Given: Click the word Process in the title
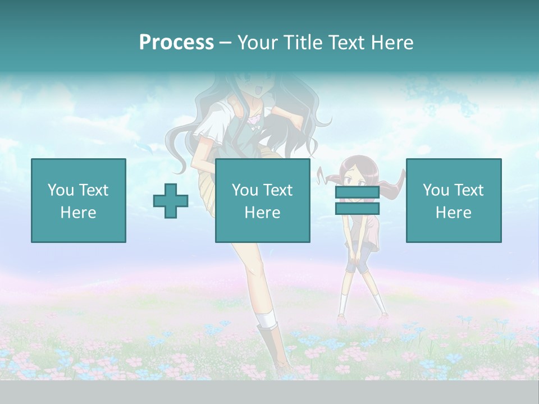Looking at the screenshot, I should (x=176, y=43).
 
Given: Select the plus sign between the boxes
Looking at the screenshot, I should (x=171, y=201).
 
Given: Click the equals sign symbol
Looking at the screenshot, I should (x=357, y=200).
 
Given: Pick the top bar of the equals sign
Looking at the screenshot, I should (x=357, y=192).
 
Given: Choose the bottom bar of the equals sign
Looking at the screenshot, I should (x=357, y=208).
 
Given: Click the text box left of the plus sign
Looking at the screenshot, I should (x=78, y=200).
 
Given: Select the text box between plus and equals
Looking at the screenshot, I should (x=262, y=200).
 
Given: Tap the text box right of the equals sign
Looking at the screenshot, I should (x=453, y=200).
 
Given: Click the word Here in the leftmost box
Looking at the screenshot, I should (x=78, y=213).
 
